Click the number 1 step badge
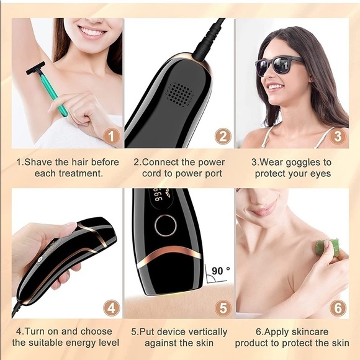111,136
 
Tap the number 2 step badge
223,136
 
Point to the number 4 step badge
111,307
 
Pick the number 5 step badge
223,307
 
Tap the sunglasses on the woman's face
279,64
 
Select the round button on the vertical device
165,226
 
